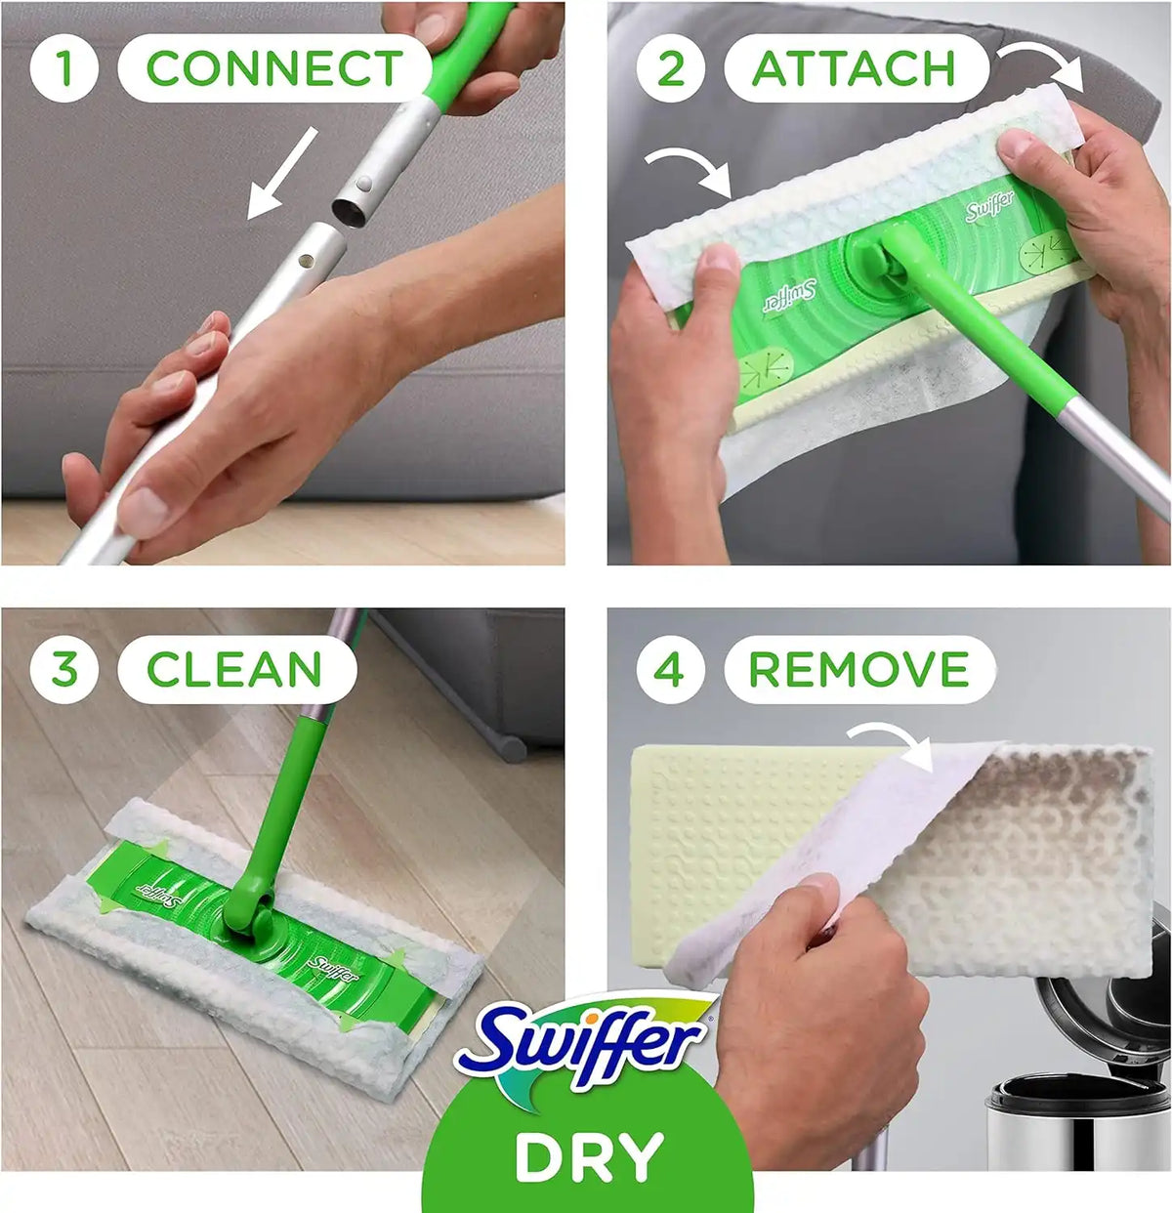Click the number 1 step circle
[x=63, y=68]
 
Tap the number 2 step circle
[x=671, y=68]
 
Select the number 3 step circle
[x=64, y=669]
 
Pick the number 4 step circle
[x=671, y=669]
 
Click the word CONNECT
[x=274, y=68]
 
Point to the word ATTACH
[x=854, y=68]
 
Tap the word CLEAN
[x=234, y=669]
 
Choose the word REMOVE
[x=859, y=669]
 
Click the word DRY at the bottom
[x=589, y=1157]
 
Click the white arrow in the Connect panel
[x=282, y=174]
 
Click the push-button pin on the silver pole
[x=364, y=184]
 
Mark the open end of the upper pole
[x=349, y=214]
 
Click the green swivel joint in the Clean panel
[x=248, y=911]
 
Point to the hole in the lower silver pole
[x=306, y=261]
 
